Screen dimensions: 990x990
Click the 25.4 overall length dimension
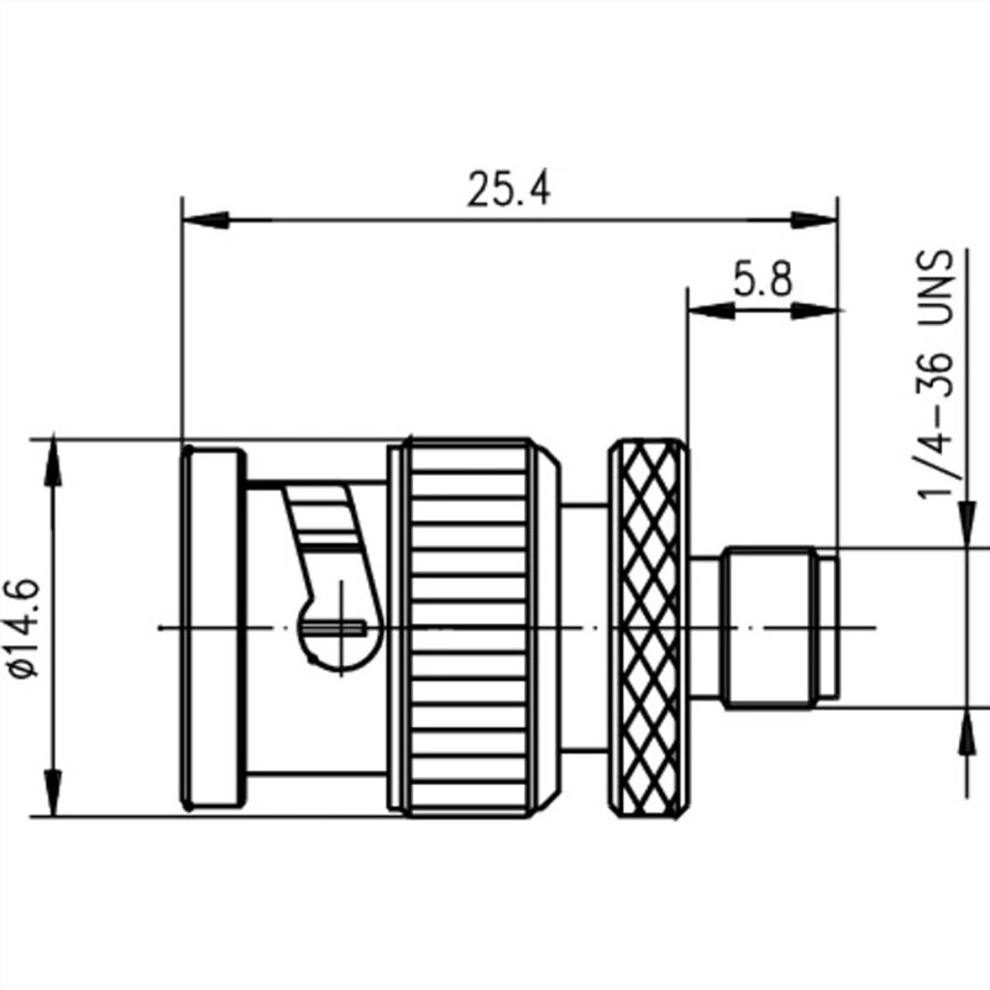tap(508, 190)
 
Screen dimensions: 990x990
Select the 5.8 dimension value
tap(762, 280)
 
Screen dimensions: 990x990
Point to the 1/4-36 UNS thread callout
tap(936, 375)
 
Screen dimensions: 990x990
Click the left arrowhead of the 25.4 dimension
tap(206, 220)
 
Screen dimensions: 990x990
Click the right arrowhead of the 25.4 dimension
tap(813, 220)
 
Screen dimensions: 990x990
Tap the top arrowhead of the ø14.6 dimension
tap(54, 462)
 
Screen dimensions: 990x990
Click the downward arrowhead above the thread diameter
tap(964, 524)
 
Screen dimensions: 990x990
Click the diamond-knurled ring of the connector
tap(648, 629)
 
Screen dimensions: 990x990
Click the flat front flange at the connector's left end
tap(213, 629)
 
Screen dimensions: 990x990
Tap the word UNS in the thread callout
tap(936, 280)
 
